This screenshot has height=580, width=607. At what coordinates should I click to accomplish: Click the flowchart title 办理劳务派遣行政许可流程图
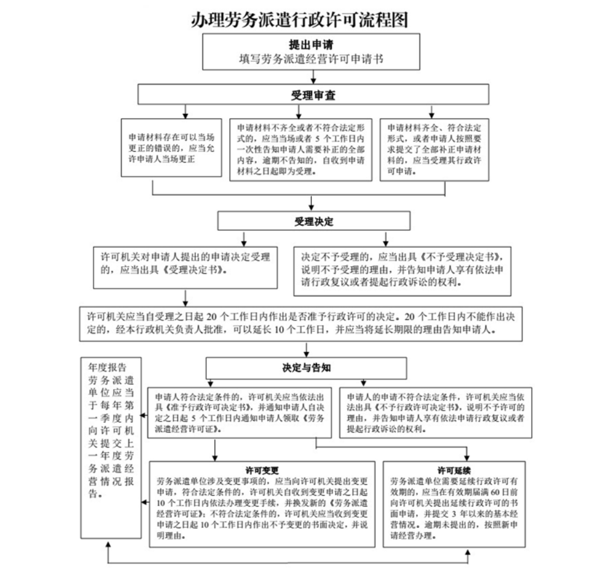coord(300,19)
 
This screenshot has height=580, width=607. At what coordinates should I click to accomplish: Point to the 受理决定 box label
coord(314,221)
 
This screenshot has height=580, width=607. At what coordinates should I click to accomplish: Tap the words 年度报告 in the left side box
coord(107,366)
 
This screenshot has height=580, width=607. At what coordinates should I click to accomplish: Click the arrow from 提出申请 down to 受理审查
coord(313,76)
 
